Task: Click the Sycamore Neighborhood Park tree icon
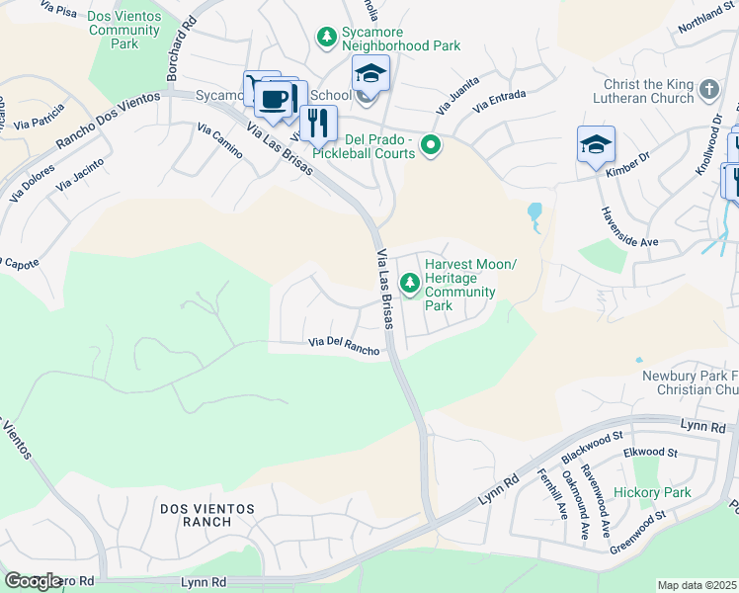click(x=326, y=37)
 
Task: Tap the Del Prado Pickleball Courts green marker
click(x=431, y=146)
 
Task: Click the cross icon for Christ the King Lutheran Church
click(x=707, y=91)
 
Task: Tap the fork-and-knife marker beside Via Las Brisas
click(x=318, y=123)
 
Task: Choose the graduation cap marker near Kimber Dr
click(x=596, y=144)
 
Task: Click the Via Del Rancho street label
click(x=344, y=346)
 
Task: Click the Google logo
click(x=33, y=581)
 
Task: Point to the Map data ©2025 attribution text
click(x=697, y=585)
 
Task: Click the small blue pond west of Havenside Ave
click(x=534, y=212)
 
